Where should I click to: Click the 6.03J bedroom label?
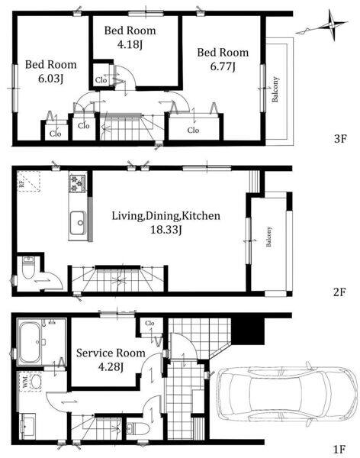tap(51, 71)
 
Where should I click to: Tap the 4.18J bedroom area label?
tap(130, 37)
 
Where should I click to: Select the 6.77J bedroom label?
tap(223, 60)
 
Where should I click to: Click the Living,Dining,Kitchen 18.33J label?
tap(166, 223)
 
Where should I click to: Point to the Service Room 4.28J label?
tap(111, 360)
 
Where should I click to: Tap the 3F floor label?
tap(340, 139)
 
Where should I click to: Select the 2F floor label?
tap(339, 292)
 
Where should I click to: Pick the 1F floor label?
tap(339, 449)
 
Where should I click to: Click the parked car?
tap(288, 394)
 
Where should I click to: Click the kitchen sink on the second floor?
tap(78, 223)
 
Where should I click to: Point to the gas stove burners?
tap(77, 183)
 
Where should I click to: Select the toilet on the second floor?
tap(28, 267)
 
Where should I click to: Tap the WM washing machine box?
tap(31, 381)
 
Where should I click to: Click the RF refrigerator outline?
tap(29, 182)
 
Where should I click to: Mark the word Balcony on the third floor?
tap(275, 89)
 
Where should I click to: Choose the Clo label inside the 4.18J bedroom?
tap(101, 79)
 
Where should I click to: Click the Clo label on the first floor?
tap(149, 323)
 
